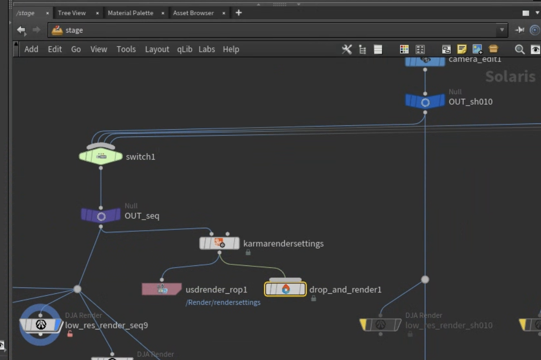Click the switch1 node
101,156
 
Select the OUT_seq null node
101,216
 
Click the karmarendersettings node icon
219,243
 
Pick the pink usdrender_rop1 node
162,289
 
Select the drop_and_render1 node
285,289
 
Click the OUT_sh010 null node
425,102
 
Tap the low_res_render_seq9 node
41,325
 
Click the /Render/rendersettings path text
223,302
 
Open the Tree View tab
72,13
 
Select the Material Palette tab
130,13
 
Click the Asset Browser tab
193,13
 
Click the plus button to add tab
238,13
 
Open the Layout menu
157,49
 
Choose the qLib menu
184,49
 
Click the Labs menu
207,49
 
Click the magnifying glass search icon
519,49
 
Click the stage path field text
74,30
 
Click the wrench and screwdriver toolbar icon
347,49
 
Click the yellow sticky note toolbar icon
462,49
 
